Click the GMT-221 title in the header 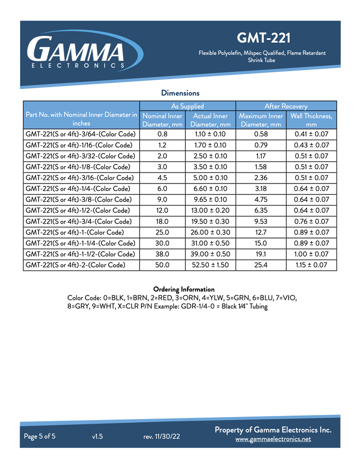pos(263,38)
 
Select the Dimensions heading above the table pos(180,93)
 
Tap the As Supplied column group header pos(187,106)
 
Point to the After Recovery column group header pos(286,106)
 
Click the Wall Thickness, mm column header pos(311,120)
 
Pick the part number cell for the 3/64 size pos(80,134)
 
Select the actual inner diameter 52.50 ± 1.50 pos(210,265)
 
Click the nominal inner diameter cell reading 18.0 pos(162,221)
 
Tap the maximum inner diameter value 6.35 pos(260,210)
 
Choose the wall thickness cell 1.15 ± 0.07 pos(311,265)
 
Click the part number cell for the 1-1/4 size pos(80,243)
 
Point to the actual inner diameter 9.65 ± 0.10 pos(210,199)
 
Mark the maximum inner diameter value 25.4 pos(260,265)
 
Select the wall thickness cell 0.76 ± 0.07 pos(311,221)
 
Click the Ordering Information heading pos(183,289)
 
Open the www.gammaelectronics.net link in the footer pos(273,439)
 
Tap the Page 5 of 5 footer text pos(40,436)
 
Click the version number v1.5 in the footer pos(97,436)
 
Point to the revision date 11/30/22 pos(161,436)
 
